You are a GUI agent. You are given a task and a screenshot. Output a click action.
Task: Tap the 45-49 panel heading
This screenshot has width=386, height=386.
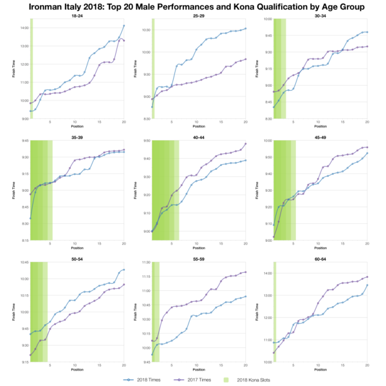tap(320, 137)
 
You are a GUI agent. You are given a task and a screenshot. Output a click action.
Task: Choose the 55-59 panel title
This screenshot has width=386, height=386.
tap(198, 259)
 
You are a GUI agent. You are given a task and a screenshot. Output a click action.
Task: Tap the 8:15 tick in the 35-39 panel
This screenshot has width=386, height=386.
tap(24, 240)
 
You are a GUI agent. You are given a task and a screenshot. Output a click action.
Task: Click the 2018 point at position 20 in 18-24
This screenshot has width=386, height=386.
tap(124, 26)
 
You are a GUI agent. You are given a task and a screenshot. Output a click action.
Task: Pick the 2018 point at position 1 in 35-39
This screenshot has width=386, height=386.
tap(31, 219)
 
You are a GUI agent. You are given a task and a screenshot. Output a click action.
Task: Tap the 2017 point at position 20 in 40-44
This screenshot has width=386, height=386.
tap(245, 143)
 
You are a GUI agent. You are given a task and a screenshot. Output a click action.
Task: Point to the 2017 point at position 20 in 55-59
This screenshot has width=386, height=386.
tap(245, 272)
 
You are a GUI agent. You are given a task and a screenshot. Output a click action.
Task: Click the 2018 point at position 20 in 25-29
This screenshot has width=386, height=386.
tap(245, 28)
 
